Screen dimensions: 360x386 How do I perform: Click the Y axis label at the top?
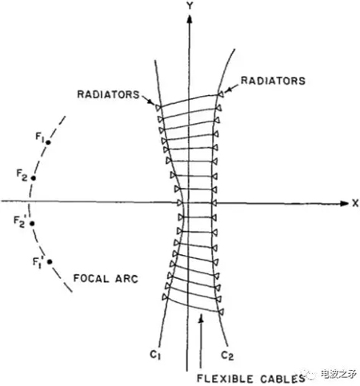(x=190, y=6)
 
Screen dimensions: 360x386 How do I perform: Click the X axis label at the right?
(x=355, y=204)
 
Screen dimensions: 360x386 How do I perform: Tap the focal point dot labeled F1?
(x=48, y=142)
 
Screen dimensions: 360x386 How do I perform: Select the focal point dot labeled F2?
(x=34, y=178)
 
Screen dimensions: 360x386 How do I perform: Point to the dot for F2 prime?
(x=32, y=224)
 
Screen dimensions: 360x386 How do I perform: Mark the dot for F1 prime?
(x=50, y=262)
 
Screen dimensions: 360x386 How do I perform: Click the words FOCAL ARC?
(x=106, y=279)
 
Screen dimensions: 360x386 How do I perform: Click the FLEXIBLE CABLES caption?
(x=251, y=379)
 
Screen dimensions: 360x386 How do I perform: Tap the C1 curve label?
(x=155, y=355)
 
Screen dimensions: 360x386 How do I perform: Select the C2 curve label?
(x=227, y=356)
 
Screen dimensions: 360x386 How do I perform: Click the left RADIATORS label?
(x=108, y=94)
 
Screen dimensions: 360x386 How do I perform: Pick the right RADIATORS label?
(x=273, y=81)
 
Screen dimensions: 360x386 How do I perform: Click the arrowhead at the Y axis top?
(x=190, y=19)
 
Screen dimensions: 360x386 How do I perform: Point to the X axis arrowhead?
(x=344, y=204)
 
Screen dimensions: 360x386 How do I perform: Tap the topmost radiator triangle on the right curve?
(x=221, y=94)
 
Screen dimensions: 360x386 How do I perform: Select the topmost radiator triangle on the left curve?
(x=158, y=108)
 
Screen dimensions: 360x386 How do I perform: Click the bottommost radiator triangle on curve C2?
(x=221, y=312)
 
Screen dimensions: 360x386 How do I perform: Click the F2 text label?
(x=22, y=175)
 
